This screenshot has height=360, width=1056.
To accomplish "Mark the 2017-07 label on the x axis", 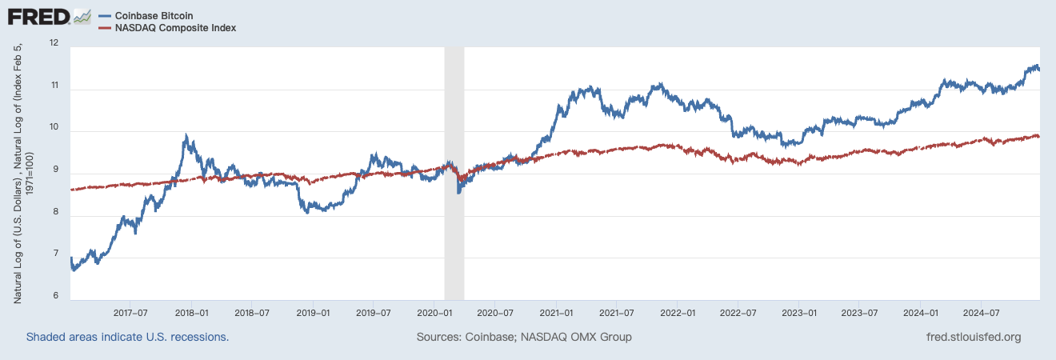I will click(130, 312).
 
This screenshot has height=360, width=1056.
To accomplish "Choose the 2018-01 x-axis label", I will click(191, 312).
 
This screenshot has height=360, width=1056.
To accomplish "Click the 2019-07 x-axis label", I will click(373, 312).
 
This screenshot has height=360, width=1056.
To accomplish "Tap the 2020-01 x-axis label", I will click(433, 312).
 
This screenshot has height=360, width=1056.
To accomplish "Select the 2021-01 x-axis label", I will click(555, 312).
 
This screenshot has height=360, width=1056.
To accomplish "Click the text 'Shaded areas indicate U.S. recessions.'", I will click(128, 337).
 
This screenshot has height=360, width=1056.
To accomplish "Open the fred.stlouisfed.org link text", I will click(972, 337).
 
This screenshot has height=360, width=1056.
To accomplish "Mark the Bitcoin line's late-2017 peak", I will click(186, 136).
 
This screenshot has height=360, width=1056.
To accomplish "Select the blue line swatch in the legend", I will click(104, 16).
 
